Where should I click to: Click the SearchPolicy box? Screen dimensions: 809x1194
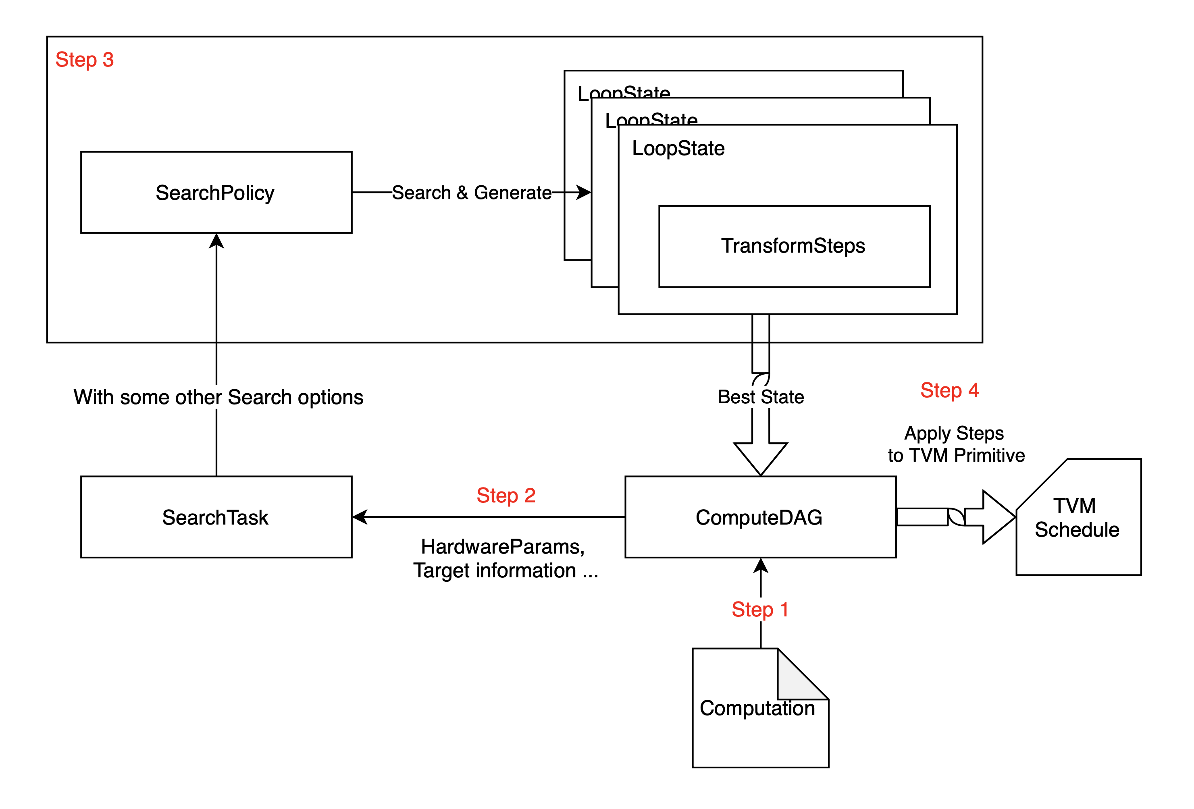[216, 193]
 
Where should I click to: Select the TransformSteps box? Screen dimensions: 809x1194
[794, 246]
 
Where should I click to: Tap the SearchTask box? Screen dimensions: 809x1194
[216, 517]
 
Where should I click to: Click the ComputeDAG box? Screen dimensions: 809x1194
[760, 517]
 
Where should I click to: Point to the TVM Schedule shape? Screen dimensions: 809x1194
[1078, 517]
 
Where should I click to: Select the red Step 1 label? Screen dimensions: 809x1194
[760, 610]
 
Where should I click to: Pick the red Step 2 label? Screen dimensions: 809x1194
[506, 496]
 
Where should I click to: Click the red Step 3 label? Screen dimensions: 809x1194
[84, 60]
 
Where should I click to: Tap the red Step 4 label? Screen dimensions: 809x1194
[949, 390]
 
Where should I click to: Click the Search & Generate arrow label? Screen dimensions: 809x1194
[472, 193]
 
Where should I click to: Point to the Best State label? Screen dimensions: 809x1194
[760, 397]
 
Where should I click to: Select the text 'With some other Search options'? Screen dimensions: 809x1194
[218, 397]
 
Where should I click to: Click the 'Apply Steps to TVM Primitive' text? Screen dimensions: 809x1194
[956, 444]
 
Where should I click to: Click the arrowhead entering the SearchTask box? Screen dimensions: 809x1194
[361, 517]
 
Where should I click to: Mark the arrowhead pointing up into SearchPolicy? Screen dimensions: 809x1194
[216, 241]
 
